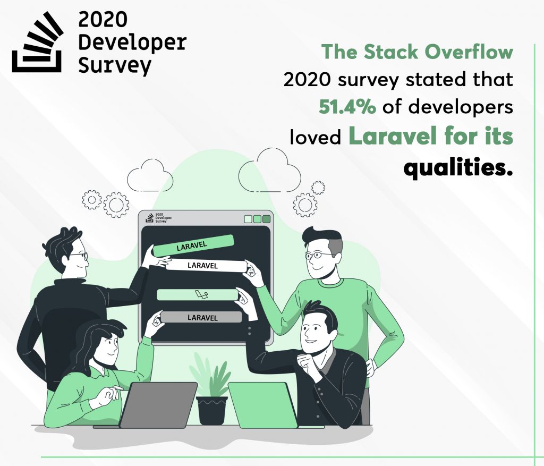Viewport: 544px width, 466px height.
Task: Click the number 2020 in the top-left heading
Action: tap(103, 20)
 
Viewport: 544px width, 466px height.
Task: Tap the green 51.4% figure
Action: tap(347, 107)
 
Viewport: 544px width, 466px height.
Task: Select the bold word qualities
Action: tap(458, 167)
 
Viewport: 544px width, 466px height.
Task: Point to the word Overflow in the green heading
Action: tap(469, 52)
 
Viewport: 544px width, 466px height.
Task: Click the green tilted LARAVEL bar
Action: tap(193, 245)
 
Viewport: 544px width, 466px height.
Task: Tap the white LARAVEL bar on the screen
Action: tap(206, 266)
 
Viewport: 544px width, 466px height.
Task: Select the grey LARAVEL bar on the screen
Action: tap(201, 317)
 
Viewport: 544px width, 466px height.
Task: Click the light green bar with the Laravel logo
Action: tap(198, 294)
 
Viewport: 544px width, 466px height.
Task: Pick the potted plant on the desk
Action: tap(211, 393)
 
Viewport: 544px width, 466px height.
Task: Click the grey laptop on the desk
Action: tap(158, 405)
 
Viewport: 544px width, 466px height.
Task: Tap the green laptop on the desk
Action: tap(263, 405)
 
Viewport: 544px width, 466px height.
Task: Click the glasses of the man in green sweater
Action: tap(320, 256)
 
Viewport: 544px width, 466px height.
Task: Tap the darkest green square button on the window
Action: tap(266, 219)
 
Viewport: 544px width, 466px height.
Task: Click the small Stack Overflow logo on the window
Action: tap(149, 217)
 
